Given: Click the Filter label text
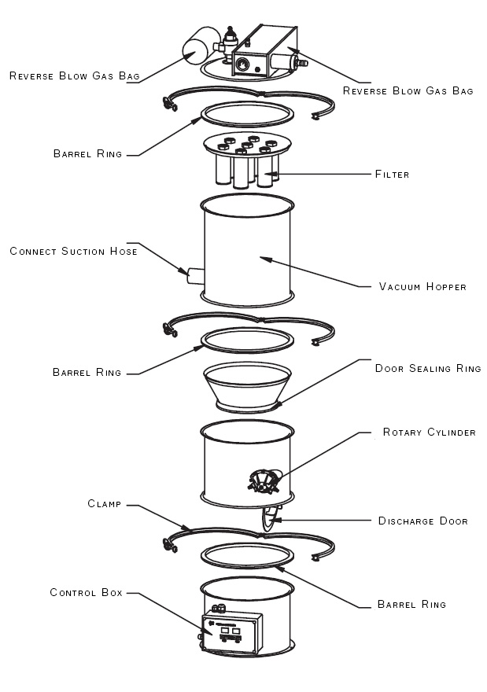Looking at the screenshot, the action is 392,175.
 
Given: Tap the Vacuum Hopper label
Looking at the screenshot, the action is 422,287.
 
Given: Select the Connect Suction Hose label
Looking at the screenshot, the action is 73,252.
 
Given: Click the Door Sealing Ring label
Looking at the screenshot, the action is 428,369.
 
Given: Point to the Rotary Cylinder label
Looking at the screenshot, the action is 429,432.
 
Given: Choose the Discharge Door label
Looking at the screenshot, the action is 423,521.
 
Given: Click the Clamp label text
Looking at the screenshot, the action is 104,504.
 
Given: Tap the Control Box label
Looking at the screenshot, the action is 86,593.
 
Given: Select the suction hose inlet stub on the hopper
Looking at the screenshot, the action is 195,276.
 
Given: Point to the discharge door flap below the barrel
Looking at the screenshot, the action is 269,517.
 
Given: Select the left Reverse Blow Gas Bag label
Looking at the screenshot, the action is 75,76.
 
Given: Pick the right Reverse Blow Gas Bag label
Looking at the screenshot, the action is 408,91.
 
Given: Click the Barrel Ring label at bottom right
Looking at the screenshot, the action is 411,604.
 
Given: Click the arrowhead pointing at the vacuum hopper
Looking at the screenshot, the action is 266,259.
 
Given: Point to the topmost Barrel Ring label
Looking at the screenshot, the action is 87,154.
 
